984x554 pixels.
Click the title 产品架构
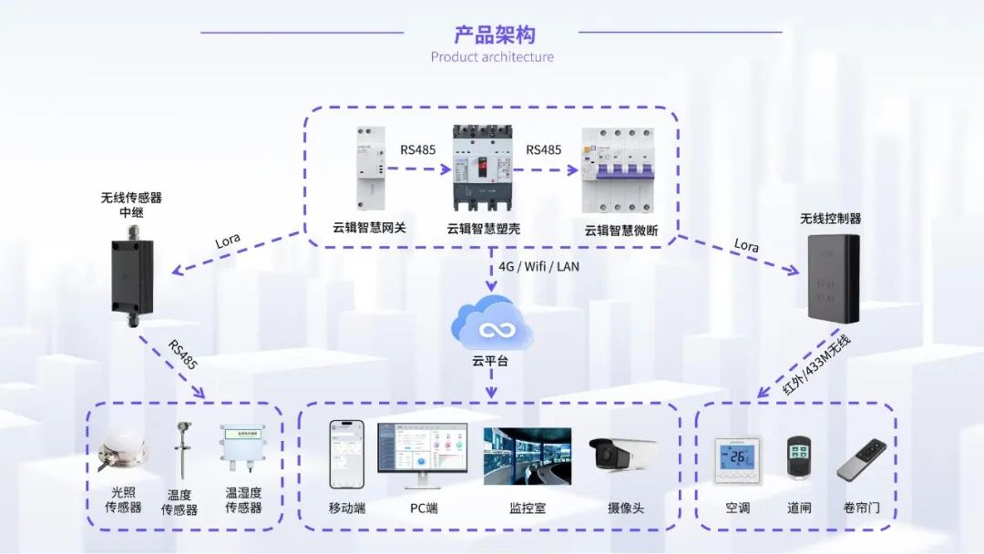tap(494, 35)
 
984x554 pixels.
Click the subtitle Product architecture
tap(492, 57)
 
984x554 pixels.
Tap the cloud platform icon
tap(493, 323)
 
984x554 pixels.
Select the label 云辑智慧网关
tap(369, 228)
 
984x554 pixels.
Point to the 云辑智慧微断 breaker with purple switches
tap(620, 170)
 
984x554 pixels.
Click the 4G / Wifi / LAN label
tap(538, 267)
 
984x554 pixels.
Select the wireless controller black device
tap(833, 278)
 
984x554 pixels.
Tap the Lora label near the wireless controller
tap(746, 246)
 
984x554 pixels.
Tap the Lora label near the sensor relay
tap(228, 241)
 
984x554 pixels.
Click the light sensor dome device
tap(122, 451)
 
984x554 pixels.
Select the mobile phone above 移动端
tap(346, 454)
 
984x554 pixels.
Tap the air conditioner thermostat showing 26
tap(737, 459)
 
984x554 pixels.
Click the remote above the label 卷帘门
tap(862, 460)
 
